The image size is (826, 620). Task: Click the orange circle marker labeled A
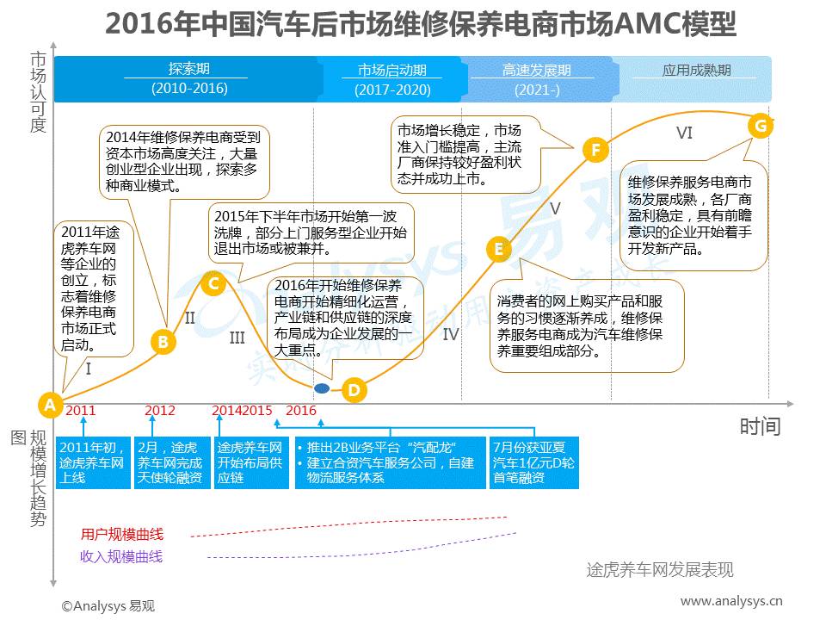pos(50,404)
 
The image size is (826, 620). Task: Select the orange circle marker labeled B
pos(162,342)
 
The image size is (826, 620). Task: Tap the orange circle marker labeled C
pos(214,282)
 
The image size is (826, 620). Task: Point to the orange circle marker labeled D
pos(354,390)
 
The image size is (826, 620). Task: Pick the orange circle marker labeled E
pos(498,250)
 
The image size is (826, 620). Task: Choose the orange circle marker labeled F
pos(595,150)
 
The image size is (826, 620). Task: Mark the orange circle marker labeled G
pos(760,125)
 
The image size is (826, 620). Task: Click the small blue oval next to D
pos(322,389)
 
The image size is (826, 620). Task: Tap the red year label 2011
pos(81,411)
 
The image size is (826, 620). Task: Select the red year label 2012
pos(160,411)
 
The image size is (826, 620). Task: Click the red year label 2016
pos(301,411)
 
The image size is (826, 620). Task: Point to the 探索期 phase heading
pos(188,69)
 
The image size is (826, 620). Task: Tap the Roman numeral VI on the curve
pos(684,133)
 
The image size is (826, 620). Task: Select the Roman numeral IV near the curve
pos(451,334)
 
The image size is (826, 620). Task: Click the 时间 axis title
pos(760,425)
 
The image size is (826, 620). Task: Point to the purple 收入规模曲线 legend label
pos(121,556)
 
